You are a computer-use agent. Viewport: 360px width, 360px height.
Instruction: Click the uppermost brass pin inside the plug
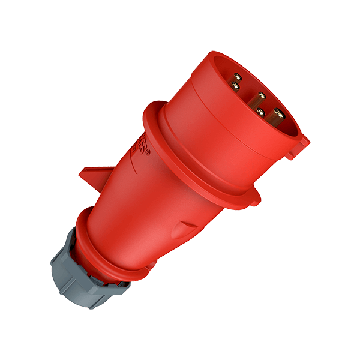[x=238, y=76]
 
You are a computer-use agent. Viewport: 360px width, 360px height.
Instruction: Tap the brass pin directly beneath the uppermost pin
[x=235, y=88]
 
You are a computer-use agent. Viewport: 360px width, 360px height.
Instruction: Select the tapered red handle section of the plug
[x=144, y=204]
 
